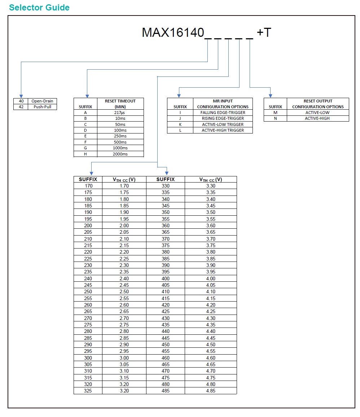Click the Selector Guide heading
tap(39, 8)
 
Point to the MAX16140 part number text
tap(173, 33)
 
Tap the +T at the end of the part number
tap(264, 33)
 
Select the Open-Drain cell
tap(43, 101)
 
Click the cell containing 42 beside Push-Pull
tap(21, 107)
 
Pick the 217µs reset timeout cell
tap(120, 113)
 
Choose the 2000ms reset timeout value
tap(120, 154)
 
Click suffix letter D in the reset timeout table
tap(85, 130)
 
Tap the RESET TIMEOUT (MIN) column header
tap(120, 104)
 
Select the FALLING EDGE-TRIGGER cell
tap(223, 113)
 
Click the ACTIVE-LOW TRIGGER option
tap(223, 124)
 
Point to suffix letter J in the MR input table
tap(180, 118)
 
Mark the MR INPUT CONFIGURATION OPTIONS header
tap(223, 104)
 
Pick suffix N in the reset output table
tap(275, 118)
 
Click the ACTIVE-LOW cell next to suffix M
tap(317, 113)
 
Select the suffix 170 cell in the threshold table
tap(88, 186)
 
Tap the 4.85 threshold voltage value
tap(211, 391)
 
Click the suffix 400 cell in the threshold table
tap(166, 278)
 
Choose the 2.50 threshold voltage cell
tap(124, 291)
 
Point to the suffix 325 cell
tap(88, 391)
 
